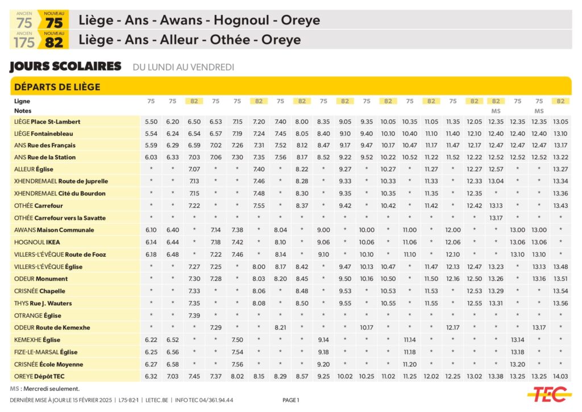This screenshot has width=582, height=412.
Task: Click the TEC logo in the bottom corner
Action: [548, 394]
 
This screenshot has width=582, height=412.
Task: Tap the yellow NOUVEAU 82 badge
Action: [54, 40]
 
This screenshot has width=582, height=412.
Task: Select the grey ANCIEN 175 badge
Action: [24, 40]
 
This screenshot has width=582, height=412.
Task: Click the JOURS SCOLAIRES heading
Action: [65, 66]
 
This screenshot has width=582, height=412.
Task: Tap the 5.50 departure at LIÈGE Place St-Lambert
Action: [151, 122]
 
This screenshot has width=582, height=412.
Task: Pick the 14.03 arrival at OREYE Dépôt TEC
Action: [560, 376]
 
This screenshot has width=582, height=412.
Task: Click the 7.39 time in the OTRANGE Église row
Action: [194, 315]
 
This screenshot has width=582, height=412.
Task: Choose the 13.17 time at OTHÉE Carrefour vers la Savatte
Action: [496, 218]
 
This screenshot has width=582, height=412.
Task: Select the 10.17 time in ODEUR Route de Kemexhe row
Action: [367, 328]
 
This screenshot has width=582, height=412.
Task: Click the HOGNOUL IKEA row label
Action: [38, 243]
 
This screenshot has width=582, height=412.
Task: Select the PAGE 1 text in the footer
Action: [290, 400]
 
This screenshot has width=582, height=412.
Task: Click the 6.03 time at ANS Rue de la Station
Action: [151, 157]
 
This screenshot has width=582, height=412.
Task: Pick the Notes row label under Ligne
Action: [23, 111]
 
